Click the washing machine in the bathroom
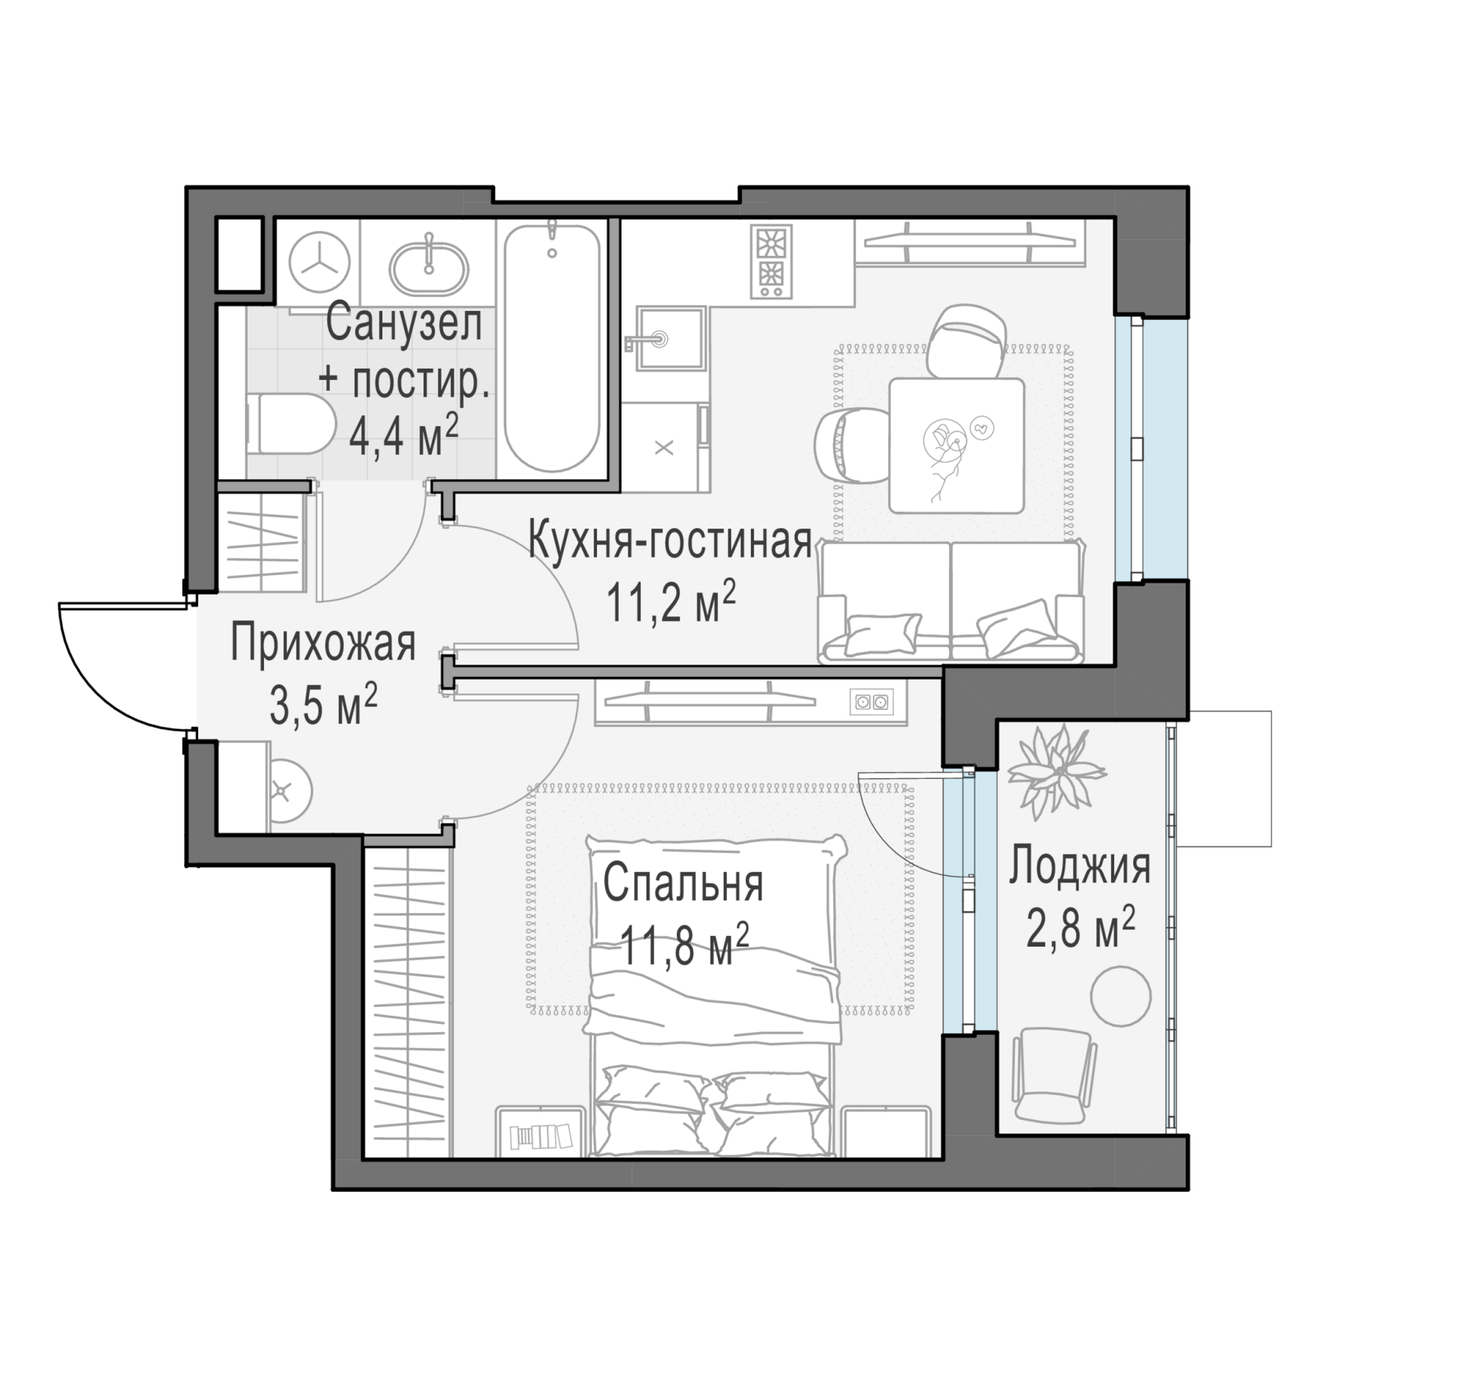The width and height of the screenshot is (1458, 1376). pyautogui.click(x=320, y=262)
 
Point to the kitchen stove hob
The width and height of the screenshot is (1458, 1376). pyautogui.click(x=771, y=262)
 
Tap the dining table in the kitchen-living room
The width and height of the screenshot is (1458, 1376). pyautogui.click(x=957, y=445)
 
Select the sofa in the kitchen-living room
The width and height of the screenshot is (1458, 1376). pyautogui.click(x=951, y=601)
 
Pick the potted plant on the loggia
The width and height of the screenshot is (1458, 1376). pyautogui.click(x=1057, y=771)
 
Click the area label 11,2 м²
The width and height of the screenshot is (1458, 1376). pyautogui.click(x=671, y=603)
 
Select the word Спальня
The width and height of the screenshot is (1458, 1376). pyautogui.click(x=683, y=883)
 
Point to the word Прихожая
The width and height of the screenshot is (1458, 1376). pyautogui.click(x=323, y=643)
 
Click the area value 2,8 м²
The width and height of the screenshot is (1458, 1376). pyautogui.click(x=1080, y=928)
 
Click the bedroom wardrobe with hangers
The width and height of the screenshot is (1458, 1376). pyautogui.click(x=409, y=1001)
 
